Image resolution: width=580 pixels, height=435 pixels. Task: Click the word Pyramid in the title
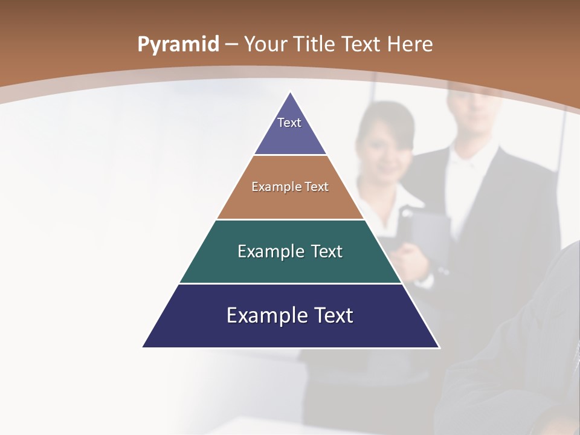coord(178,45)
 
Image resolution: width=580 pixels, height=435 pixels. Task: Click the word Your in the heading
coord(266,44)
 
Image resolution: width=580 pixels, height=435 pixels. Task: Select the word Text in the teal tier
coord(327,251)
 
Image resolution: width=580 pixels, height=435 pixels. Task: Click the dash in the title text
coord(231,45)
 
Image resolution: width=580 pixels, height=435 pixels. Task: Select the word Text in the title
coord(361,44)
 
